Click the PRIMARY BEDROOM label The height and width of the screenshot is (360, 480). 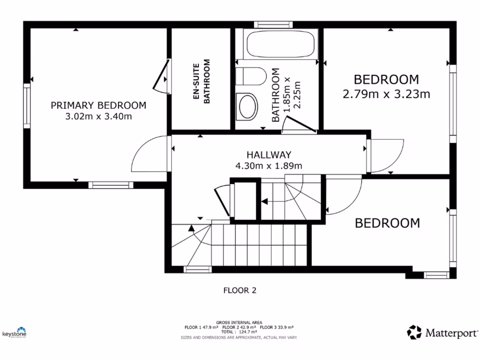98,105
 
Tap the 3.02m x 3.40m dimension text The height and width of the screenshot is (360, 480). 98,116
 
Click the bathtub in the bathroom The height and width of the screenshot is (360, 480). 280,44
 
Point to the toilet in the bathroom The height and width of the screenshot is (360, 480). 249,77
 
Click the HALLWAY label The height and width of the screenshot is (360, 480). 269,155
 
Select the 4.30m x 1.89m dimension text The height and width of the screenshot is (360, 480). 269,165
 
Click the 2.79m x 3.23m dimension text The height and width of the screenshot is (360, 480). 386,94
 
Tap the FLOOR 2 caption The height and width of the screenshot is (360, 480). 240,291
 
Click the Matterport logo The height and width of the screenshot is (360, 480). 442,333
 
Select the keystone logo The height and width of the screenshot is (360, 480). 15,332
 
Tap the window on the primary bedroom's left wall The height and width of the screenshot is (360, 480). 27,105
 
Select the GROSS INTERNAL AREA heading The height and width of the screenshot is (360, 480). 240,322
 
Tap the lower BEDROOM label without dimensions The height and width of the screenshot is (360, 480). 387,223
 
